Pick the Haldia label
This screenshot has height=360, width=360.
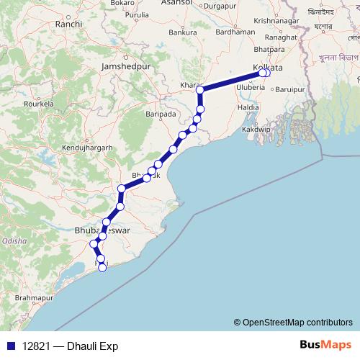(x=248, y=107)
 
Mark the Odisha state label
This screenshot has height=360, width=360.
(x=14, y=240)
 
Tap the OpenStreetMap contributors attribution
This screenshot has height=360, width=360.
(x=297, y=323)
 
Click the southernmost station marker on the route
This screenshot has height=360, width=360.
(x=102, y=268)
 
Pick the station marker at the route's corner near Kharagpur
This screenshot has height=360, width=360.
(x=201, y=91)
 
